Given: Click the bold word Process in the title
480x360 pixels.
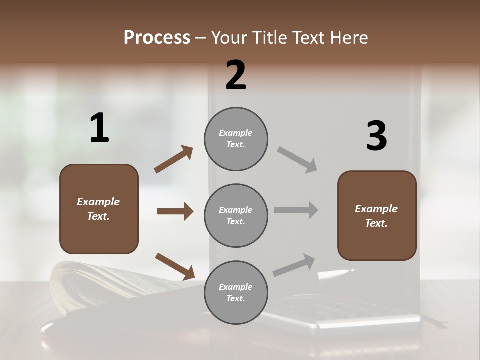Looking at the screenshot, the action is tap(157, 38).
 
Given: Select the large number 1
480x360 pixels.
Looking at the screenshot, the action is tap(99, 129).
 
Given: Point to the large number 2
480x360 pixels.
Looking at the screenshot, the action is tap(236, 75).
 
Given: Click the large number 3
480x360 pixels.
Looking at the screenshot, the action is tap(376, 136).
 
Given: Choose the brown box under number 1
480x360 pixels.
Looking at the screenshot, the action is tap(99, 209).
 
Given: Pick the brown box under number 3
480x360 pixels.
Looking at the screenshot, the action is tap(377, 216).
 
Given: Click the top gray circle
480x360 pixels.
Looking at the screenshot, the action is tap(236, 139).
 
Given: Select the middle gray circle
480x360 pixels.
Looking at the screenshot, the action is tap(236, 216).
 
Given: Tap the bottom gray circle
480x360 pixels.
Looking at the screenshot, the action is tap(236, 293).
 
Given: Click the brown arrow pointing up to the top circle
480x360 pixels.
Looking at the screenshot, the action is tap(174, 159).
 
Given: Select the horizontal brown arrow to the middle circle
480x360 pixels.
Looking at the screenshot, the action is tap(175, 211).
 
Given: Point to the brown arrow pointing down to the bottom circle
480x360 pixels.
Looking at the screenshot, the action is tap(175, 266).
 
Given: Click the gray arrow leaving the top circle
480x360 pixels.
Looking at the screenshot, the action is tap(297, 160).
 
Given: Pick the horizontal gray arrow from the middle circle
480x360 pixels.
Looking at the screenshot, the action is tap(296, 210).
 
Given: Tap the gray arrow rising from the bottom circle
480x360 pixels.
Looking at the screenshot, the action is tap(294, 265).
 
